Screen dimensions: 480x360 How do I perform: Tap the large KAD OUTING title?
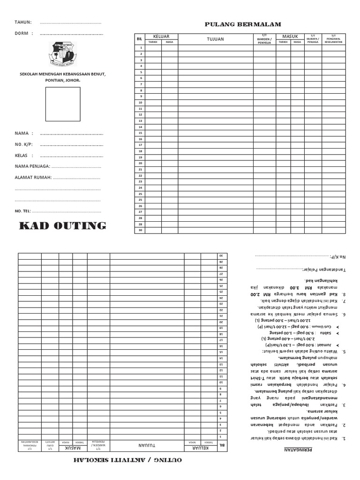point(62,226)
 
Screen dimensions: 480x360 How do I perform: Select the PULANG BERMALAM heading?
point(243,24)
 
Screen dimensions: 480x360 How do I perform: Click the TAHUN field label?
point(23,22)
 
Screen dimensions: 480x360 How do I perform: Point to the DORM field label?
point(22,33)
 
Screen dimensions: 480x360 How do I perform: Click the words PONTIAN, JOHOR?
point(62,80)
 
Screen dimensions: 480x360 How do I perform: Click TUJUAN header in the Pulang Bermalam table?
point(215,39)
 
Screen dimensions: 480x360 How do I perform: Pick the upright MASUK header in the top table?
point(290,36)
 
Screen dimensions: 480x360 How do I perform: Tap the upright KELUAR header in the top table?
point(161,36)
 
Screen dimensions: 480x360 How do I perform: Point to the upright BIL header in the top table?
point(139,39)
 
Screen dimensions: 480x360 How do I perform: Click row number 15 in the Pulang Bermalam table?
point(140,133)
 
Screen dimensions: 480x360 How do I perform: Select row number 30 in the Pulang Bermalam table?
point(140,230)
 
